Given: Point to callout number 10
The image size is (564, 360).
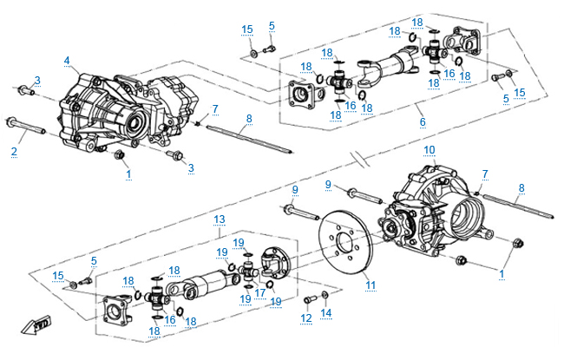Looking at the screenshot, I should pos(429,150).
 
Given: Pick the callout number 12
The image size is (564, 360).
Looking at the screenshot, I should pos(306,318).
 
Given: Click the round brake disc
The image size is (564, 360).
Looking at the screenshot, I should pos(348,244).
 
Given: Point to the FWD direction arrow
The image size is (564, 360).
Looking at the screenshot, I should pos(41,324).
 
